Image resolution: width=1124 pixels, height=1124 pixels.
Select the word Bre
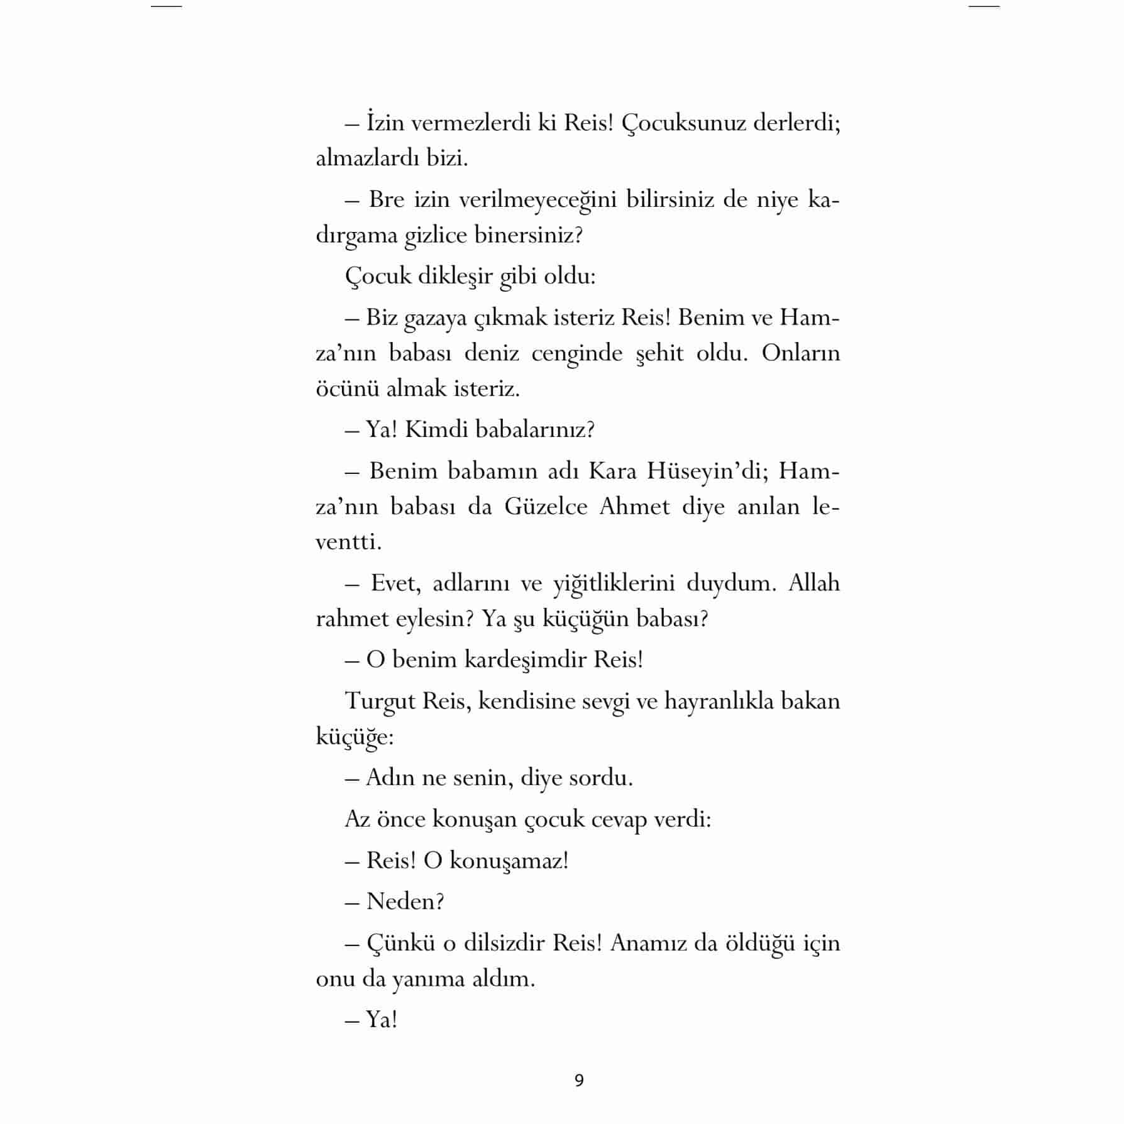[386, 200]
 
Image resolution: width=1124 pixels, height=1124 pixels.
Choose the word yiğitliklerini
[614, 584]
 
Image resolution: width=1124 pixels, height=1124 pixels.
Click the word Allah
[814, 583]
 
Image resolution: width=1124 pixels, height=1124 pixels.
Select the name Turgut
[379, 702]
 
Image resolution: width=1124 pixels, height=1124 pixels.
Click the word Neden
[405, 902]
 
